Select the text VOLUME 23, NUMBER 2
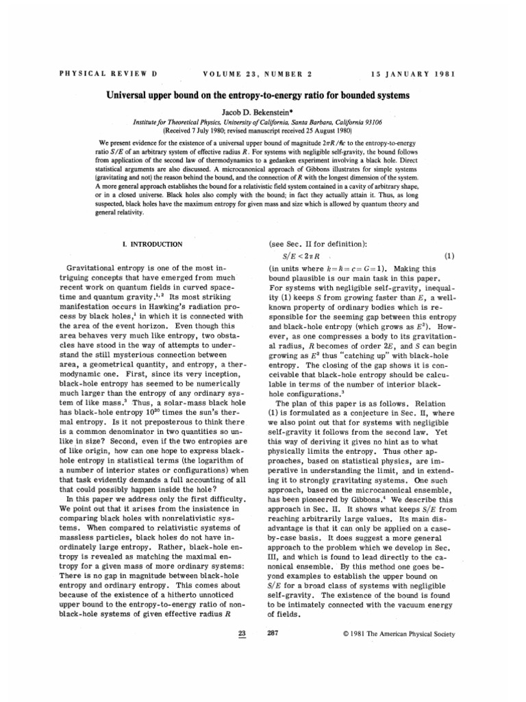click(258, 73)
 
